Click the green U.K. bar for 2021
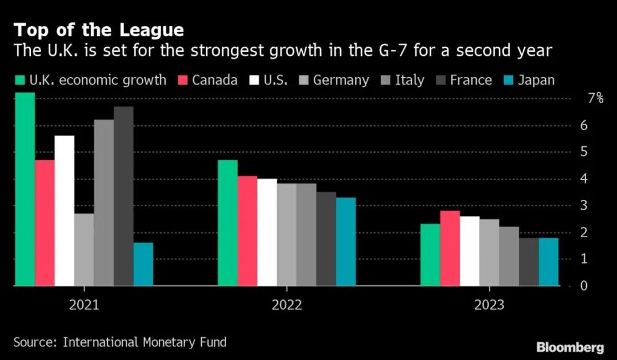tap(25, 189)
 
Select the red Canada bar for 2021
tap(45, 223)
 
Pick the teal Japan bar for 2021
tap(143, 264)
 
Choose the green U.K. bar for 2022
tap(227, 223)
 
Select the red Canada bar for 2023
tap(450, 248)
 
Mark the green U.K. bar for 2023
tap(430, 254)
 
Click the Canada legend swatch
tap(184, 80)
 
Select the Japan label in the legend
tap(536, 80)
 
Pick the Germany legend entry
tap(340, 80)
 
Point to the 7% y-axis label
tap(595, 98)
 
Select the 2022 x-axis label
tap(287, 305)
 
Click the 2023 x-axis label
tap(489, 305)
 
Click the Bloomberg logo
tap(570, 346)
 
